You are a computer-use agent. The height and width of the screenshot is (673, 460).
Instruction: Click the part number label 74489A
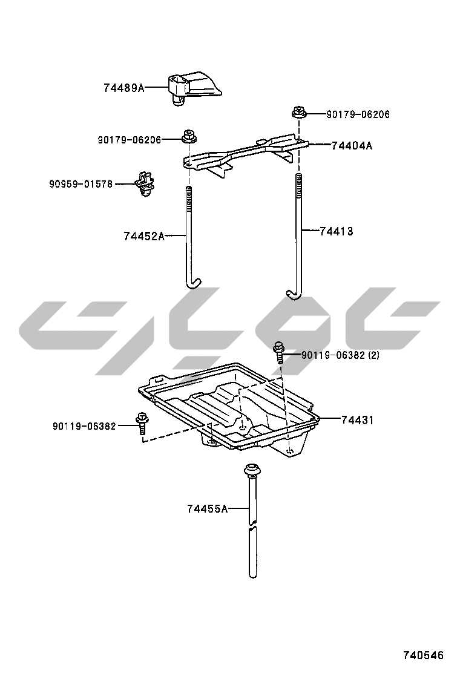124,88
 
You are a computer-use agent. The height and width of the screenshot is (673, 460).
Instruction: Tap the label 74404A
352,146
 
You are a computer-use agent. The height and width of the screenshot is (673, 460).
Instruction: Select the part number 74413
337,231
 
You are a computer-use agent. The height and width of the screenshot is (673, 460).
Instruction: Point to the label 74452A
144,236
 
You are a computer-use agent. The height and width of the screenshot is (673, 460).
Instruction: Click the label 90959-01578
80,184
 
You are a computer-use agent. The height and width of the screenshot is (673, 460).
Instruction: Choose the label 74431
358,420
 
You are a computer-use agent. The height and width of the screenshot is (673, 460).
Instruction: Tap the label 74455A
207,508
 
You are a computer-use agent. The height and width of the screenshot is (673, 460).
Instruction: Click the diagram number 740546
422,655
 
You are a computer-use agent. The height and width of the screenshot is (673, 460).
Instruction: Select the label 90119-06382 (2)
340,355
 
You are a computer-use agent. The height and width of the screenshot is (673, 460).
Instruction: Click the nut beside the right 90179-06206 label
297,113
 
